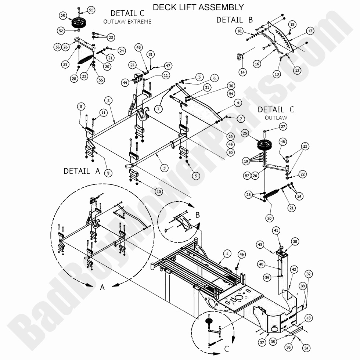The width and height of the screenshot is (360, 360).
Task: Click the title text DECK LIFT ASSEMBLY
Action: pyautogui.click(x=198, y=7)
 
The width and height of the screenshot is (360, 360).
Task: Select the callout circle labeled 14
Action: pyautogui.click(x=242, y=72)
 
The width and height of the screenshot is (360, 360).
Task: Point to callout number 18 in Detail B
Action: pyautogui.click(x=240, y=32)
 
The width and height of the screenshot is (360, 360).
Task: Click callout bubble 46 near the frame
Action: pyautogui.click(x=241, y=254)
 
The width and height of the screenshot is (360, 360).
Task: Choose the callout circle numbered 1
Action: pyautogui.click(x=227, y=253)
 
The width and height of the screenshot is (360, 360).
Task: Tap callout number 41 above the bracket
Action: pyautogui.click(x=276, y=230)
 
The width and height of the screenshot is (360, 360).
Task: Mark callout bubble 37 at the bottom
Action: pyautogui.click(x=262, y=343)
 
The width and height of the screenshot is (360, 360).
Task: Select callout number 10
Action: pyautogui.click(x=158, y=191)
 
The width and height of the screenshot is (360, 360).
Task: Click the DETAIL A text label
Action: pyautogui.click(x=82, y=171)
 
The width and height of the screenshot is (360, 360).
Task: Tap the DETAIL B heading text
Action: pyautogui.click(x=234, y=20)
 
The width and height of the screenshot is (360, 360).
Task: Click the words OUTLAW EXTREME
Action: pyautogui.click(x=127, y=22)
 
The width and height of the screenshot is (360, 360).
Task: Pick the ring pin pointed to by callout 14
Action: pyautogui.click(x=239, y=56)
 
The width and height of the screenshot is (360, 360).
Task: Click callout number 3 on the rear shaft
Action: pyautogui.click(x=165, y=168)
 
